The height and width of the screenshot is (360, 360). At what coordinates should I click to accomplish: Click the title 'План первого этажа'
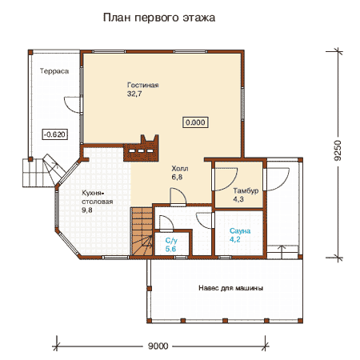(159, 18)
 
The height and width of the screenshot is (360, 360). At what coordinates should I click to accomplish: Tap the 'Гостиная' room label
(143, 85)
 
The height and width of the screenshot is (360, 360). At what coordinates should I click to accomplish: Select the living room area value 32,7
(134, 94)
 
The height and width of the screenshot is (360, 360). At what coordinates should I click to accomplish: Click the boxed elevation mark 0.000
(195, 122)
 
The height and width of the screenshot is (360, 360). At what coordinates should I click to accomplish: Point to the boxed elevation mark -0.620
(54, 134)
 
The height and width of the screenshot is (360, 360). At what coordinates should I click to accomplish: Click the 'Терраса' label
(54, 71)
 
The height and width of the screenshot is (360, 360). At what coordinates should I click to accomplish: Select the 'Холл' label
(180, 169)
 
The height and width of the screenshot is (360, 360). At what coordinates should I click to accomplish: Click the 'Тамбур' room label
(246, 191)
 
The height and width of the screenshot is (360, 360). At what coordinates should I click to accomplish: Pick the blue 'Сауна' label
(240, 231)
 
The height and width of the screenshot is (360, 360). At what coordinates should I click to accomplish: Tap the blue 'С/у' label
(171, 241)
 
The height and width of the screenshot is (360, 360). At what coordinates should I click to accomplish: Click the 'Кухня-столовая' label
(98, 198)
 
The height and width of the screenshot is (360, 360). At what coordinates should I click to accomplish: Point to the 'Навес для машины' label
(230, 288)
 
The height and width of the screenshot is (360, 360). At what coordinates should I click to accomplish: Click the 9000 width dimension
(158, 346)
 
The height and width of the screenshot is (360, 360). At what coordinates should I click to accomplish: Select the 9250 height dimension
(338, 150)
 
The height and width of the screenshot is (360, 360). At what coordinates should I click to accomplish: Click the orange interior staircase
(142, 231)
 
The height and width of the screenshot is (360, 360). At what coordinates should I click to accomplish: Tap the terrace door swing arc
(70, 105)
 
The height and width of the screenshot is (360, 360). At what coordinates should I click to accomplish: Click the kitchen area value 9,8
(87, 210)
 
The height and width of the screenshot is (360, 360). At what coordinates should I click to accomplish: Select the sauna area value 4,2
(235, 239)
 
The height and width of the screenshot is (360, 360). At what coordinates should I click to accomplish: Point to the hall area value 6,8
(177, 177)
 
